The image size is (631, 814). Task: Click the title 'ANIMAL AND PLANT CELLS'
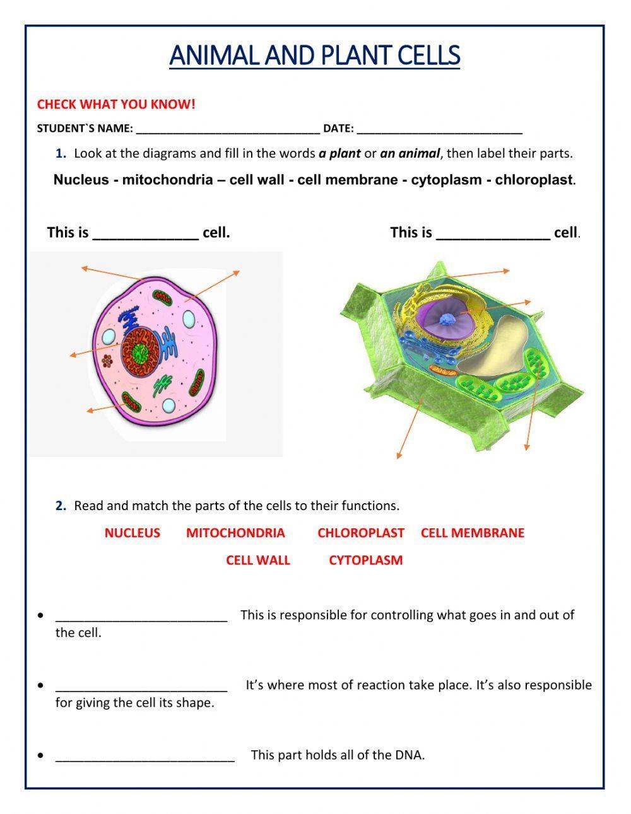tap(314, 55)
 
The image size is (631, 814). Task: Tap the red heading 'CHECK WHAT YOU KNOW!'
tap(116, 105)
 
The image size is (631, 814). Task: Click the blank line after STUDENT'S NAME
tap(228, 129)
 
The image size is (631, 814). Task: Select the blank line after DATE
tap(439, 129)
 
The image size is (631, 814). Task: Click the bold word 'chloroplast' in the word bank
tap(534, 180)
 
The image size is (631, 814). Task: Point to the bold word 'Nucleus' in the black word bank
tap(81, 180)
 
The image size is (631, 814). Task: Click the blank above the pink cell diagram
tap(145, 234)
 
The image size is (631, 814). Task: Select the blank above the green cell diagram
tap(493, 234)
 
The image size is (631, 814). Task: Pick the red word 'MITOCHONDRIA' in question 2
tap(235, 533)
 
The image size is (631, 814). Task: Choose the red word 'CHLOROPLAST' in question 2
tap(360, 533)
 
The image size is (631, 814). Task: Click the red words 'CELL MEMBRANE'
tap(472, 533)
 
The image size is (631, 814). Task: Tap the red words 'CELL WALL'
tap(257, 560)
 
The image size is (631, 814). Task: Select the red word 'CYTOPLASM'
tap(365, 560)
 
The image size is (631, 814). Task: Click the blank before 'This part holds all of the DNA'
tap(144, 755)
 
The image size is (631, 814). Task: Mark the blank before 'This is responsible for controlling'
tap(141, 616)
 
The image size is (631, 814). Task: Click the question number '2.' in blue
tap(61, 506)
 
